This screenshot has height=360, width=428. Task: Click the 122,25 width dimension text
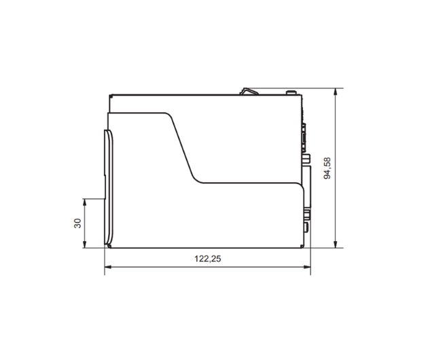pos(207,259)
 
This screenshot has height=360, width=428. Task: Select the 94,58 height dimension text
pos(327,167)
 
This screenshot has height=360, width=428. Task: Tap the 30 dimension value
pos(77,223)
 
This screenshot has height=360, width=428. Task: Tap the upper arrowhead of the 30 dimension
pos(84,202)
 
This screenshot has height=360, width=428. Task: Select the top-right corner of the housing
pos(300,94)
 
